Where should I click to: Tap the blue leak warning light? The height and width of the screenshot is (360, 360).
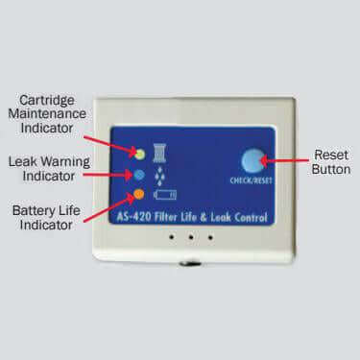(140, 176)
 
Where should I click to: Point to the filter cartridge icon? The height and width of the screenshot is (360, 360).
(159, 151)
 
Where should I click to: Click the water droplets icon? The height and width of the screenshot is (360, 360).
(159, 176)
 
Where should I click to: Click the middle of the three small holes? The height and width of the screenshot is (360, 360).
(180, 236)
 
